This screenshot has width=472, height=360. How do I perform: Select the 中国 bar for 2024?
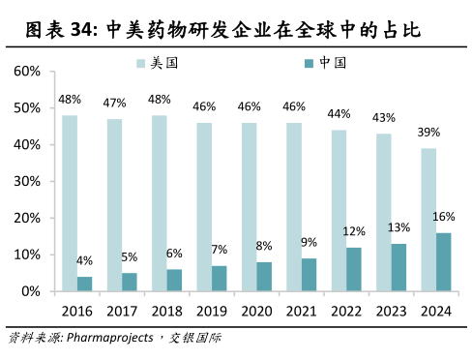(x=444, y=261)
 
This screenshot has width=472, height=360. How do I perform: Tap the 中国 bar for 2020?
(x=264, y=276)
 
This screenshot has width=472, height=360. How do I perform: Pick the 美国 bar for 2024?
(x=428, y=220)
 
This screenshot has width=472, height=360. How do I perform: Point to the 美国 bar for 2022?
(x=339, y=210)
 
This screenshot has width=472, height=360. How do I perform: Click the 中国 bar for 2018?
(x=174, y=280)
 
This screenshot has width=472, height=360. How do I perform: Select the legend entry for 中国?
(x=325, y=63)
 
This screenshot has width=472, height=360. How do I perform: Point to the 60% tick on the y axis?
(x=27, y=72)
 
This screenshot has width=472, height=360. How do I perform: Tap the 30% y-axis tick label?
(x=27, y=181)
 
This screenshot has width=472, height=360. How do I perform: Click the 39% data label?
(x=429, y=132)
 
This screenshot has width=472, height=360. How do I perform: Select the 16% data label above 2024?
(x=444, y=216)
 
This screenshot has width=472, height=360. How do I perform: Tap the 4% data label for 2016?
(x=85, y=260)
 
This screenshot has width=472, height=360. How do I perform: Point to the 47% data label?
(x=114, y=103)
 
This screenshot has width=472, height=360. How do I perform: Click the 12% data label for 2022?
(x=354, y=231)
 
